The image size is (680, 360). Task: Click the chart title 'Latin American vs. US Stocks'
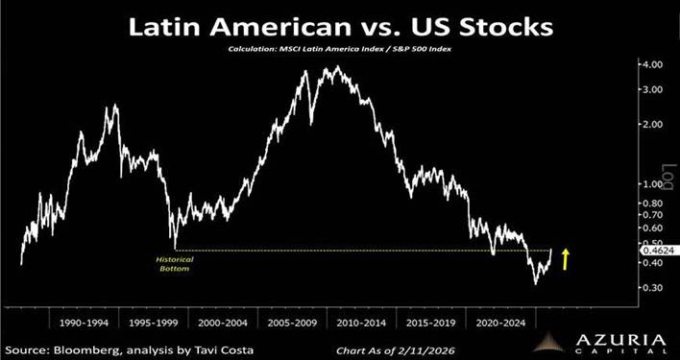340,25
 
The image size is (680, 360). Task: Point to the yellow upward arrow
566,257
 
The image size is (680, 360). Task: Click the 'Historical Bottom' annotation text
173,264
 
